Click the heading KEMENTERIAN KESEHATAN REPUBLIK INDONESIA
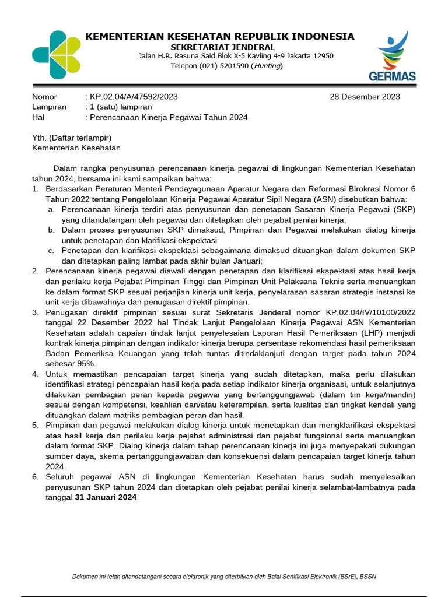pos(220,37)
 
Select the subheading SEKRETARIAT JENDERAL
pos(222,47)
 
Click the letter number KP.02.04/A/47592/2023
pos(134,97)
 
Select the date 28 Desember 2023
pos(365,97)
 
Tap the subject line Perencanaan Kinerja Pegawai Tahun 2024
pos(169,117)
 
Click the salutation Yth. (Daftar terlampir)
pos(71,138)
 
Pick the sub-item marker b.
pos(51,230)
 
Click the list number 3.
pos(35,312)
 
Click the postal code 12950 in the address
pos(321,56)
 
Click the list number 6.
pos(35,477)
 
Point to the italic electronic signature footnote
pos(224,577)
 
